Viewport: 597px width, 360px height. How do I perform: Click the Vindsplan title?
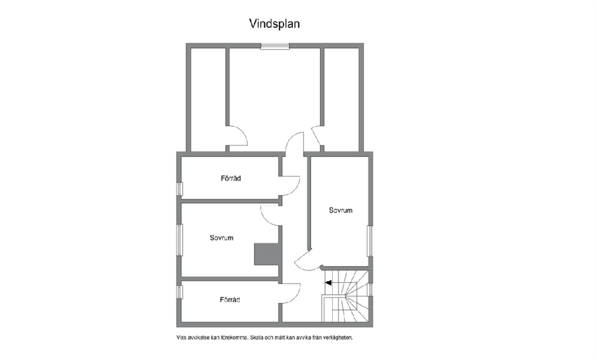pyautogui.click(x=274, y=23)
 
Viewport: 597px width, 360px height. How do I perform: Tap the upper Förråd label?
pyautogui.click(x=230, y=178)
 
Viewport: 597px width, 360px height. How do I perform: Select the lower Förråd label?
pyautogui.click(x=230, y=300)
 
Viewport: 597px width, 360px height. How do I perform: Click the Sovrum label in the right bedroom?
pyautogui.click(x=341, y=210)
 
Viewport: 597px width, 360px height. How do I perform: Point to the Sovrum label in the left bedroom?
pyautogui.click(x=221, y=238)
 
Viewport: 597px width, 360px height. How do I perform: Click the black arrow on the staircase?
pyautogui.click(x=328, y=283)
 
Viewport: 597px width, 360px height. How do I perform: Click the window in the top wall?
pyautogui.click(x=275, y=46)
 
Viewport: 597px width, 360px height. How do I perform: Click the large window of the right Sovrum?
pyautogui.click(x=370, y=241)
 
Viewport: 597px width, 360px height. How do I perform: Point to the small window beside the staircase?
pyautogui.click(x=371, y=289)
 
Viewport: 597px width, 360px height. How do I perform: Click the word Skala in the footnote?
pyautogui.click(x=258, y=338)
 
